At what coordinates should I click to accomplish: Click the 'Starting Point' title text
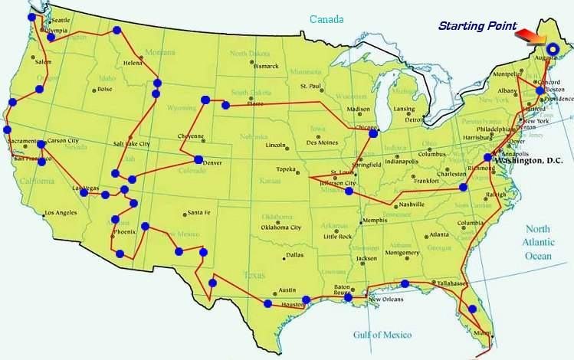click(476, 26)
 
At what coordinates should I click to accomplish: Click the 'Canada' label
click(326, 18)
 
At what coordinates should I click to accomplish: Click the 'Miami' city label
click(481, 332)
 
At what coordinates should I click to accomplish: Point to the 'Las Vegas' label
click(86, 188)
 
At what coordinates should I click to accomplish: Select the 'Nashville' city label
click(411, 205)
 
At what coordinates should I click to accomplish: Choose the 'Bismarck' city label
click(265, 66)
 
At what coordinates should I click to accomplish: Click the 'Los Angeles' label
click(61, 213)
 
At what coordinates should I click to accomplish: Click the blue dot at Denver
click(198, 159)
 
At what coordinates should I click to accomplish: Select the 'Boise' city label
click(104, 89)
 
